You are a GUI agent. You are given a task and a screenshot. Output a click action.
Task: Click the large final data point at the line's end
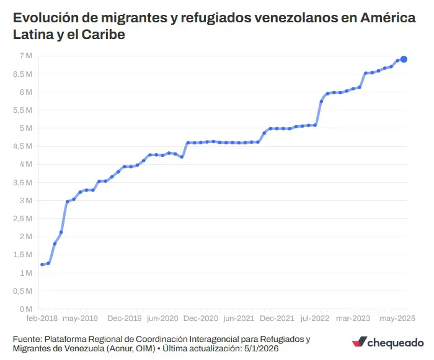point(404,59)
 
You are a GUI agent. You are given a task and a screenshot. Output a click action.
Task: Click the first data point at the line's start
point(42,265)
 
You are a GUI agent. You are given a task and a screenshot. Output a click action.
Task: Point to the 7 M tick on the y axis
point(25,56)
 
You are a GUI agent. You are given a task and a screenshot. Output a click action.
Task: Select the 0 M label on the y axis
point(25,309)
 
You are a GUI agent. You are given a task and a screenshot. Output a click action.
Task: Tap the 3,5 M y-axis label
point(22,182)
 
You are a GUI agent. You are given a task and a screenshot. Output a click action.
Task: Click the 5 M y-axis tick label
point(25,128)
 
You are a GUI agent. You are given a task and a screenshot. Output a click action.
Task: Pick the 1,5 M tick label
point(22,255)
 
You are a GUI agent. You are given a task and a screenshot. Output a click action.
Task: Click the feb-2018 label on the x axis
point(41,318)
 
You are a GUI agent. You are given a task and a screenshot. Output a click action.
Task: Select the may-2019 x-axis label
point(81,318)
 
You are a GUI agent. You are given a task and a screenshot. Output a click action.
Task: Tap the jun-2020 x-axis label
point(162,318)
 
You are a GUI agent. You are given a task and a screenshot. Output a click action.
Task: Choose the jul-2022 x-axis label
point(314,318)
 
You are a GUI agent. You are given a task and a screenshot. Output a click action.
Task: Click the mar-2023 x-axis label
point(353,318)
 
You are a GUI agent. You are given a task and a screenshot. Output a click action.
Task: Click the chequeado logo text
point(397,342)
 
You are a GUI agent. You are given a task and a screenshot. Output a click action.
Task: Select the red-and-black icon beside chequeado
point(360,343)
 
